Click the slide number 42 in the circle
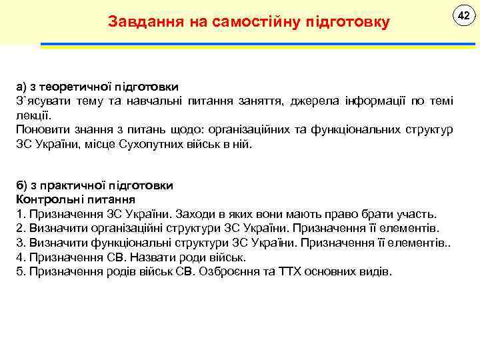tap(459, 15)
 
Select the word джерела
tap(315, 101)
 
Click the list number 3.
tap(19, 243)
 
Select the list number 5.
tap(19, 271)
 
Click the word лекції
tap(31, 115)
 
